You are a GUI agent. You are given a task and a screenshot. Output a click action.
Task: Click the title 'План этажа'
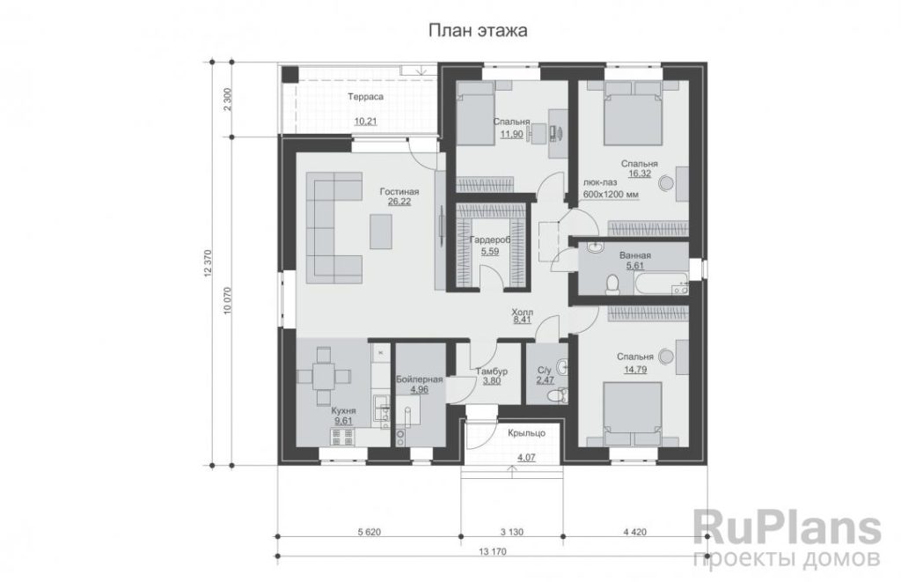click(478, 31)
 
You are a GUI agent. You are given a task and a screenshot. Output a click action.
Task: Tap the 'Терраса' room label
click(365, 97)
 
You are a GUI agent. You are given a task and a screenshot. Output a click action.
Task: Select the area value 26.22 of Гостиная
click(399, 202)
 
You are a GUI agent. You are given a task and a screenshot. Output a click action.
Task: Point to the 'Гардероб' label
click(490, 240)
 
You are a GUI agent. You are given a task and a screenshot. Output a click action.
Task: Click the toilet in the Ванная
click(612, 284)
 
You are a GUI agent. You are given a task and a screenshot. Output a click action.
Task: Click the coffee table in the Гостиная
click(381, 232)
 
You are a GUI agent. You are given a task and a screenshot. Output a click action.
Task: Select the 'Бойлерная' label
click(420, 379)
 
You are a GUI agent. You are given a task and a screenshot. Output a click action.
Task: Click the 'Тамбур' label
click(491, 372)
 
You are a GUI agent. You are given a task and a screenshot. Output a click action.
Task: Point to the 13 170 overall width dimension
click(493, 552)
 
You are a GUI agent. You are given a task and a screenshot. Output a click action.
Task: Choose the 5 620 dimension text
click(369, 532)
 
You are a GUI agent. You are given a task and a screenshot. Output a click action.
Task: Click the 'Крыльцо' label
click(526, 433)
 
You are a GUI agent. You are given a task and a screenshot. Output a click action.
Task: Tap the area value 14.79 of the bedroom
click(635, 370)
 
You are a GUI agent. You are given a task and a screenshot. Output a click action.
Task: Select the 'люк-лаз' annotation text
click(600, 182)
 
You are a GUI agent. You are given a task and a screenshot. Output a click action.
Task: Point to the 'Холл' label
click(522, 311)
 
